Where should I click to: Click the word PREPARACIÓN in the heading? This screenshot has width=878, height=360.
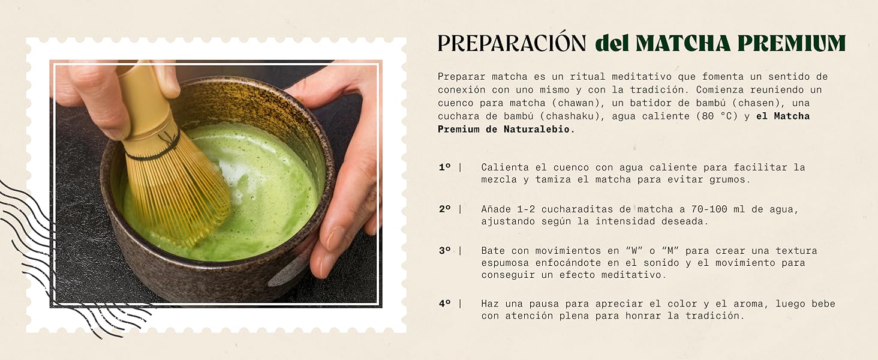[511, 43]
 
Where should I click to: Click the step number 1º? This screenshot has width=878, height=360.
[444, 167]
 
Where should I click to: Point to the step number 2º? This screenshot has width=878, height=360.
[444, 209]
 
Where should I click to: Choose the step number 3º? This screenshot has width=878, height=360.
[444, 251]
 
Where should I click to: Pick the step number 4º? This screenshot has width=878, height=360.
[444, 304]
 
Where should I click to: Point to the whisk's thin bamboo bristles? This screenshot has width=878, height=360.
[180, 192]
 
